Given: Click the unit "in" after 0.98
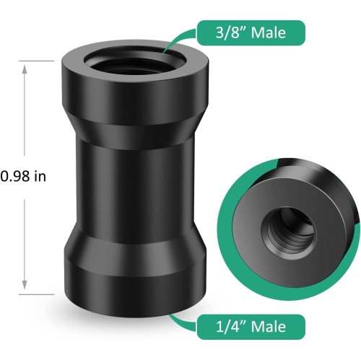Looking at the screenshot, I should (x=40, y=176).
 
